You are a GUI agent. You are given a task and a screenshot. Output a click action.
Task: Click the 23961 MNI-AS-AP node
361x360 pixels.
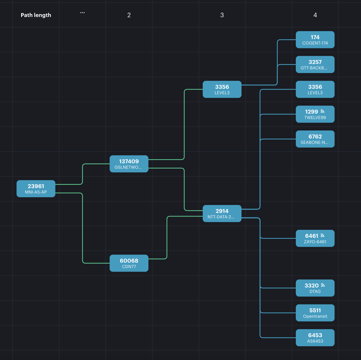(36, 189)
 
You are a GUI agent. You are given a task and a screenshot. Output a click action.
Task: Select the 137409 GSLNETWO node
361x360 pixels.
(129, 164)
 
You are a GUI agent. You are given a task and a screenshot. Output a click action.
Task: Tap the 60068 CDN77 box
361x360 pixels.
(129, 263)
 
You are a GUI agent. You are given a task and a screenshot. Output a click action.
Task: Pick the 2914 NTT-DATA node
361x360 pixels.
(222, 214)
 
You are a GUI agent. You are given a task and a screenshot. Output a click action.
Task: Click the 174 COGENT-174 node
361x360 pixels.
(315, 40)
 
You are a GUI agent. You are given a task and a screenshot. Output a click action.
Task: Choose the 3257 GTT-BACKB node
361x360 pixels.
(315, 65)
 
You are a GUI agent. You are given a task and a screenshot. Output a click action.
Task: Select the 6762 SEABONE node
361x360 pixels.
(315, 139)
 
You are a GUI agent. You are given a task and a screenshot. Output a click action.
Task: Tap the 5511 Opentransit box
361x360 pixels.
(315, 313)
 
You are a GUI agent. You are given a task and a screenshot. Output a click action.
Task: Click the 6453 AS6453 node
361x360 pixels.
(315, 338)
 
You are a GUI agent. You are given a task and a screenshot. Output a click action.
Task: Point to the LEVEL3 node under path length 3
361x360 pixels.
(222, 89)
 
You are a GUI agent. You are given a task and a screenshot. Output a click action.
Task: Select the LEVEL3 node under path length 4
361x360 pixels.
(315, 89)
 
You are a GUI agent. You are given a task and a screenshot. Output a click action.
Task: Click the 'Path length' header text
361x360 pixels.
(36, 15)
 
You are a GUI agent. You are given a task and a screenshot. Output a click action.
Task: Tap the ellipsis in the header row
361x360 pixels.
(82, 13)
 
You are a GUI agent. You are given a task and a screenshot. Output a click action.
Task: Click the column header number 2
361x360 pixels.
(129, 15)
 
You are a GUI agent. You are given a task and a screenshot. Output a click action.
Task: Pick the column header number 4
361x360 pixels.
(315, 15)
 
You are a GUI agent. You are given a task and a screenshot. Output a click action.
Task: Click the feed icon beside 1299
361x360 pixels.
(323, 111)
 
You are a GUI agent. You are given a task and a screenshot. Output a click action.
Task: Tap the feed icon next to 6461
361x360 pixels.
(323, 236)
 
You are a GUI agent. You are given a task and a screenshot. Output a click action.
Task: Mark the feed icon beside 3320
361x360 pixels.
(323, 285)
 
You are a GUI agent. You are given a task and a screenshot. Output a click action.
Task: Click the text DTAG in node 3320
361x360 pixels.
(315, 291)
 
